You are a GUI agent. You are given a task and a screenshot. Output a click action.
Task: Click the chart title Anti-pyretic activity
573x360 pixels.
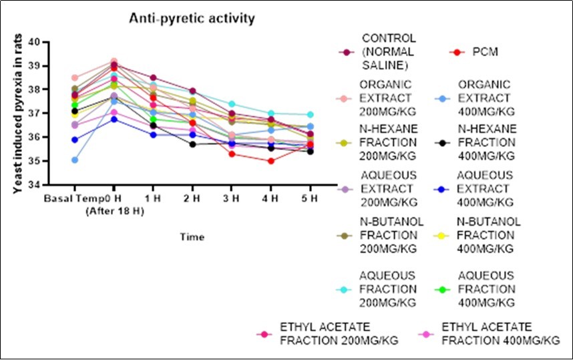[x=192, y=19]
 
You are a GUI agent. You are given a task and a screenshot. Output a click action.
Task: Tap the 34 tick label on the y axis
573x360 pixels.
[x=50, y=184]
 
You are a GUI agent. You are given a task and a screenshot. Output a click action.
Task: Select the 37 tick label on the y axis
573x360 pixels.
[x=50, y=113]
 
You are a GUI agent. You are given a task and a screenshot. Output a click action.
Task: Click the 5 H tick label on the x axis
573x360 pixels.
[x=309, y=198]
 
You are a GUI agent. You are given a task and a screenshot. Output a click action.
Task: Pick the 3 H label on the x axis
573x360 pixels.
[x=231, y=198]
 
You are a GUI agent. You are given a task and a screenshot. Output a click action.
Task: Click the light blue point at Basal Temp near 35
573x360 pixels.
[x=75, y=160]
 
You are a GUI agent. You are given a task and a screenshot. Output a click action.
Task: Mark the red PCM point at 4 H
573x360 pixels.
[x=270, y=160]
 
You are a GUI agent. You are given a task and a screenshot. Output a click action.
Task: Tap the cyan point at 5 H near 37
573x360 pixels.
[x=309, y=115]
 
